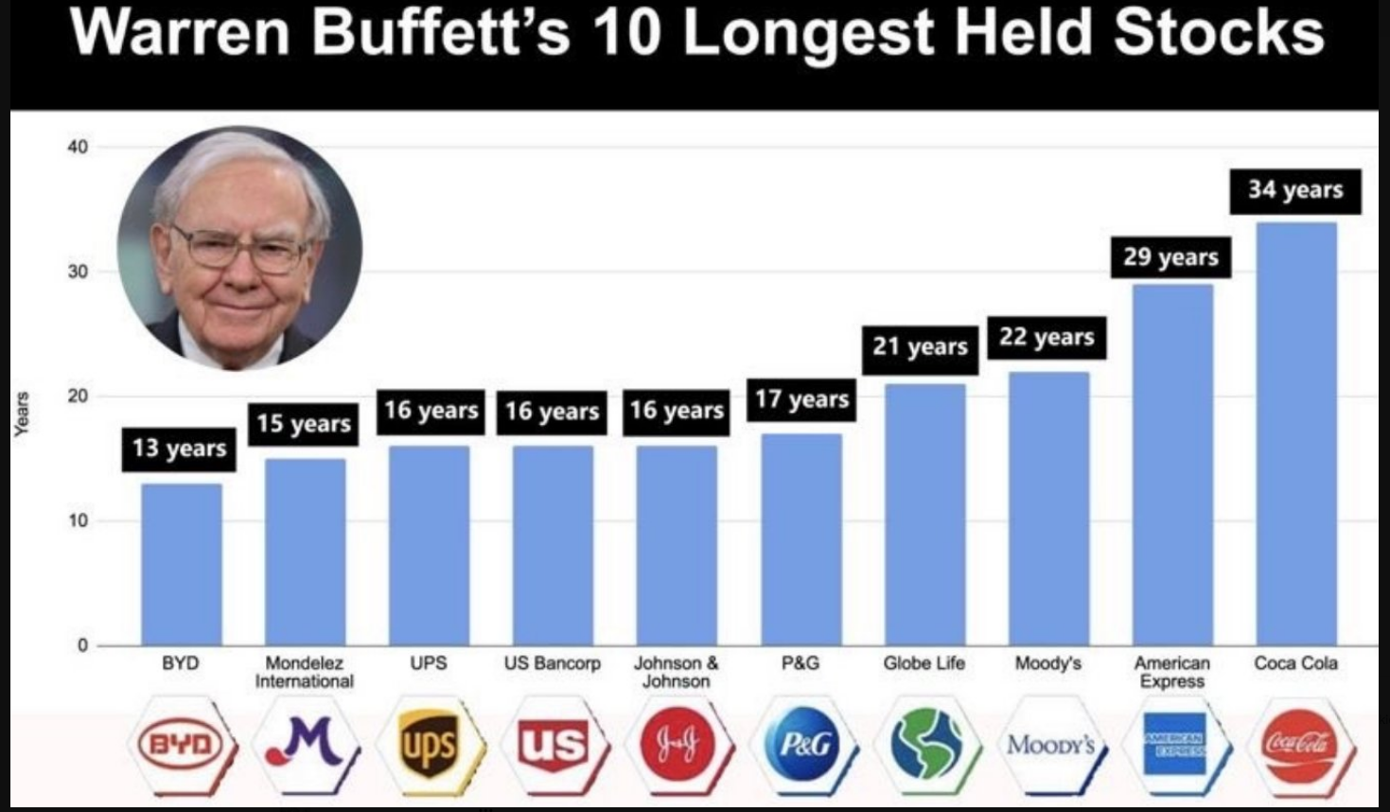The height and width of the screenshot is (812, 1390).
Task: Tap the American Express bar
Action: (1171, 464)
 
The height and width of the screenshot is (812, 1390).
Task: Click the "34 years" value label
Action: (1294, 190)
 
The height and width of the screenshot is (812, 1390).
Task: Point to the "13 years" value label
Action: (179, 448)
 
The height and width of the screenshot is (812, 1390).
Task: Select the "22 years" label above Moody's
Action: (1047, 337)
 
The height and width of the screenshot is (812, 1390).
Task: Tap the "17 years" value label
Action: (801, 399)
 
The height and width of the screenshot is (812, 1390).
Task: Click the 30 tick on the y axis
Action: (78, 272)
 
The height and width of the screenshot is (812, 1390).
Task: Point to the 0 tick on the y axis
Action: (82, 645)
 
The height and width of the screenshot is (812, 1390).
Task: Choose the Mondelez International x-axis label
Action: (304, 672)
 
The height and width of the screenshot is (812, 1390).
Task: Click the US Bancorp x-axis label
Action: (552, 663)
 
